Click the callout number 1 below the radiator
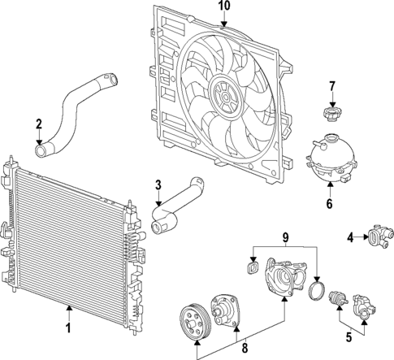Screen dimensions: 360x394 (69, 329)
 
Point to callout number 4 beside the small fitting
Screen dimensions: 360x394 (350, 237)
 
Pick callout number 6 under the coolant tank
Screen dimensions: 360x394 (329, 203)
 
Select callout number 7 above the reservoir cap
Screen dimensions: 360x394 (331, 86)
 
